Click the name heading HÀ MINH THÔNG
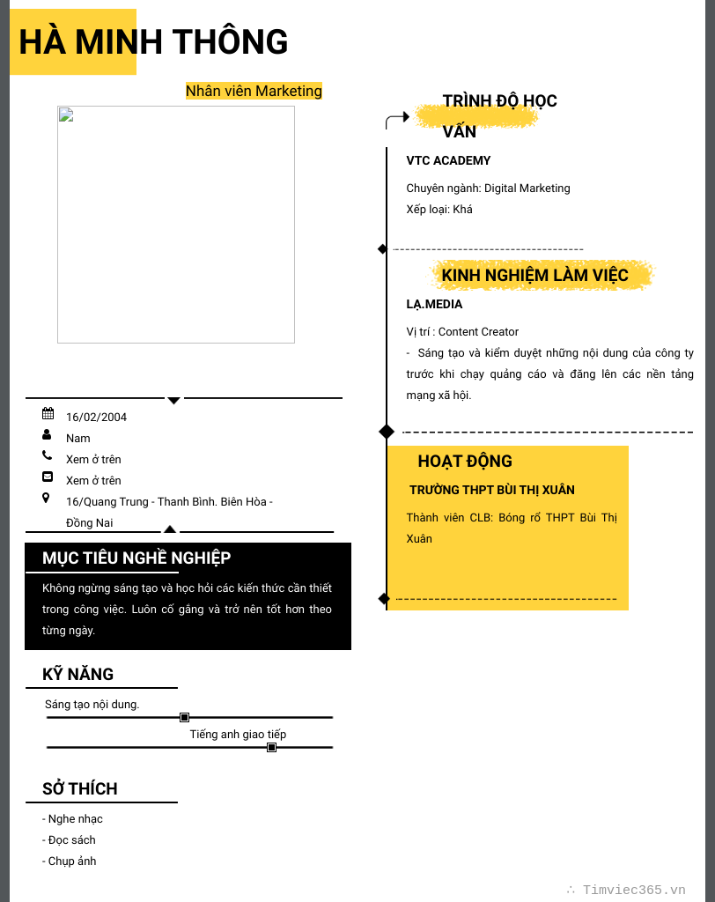[153, 42]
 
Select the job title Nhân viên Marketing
[254, 91]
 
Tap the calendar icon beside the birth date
[48, 413]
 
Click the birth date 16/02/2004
[96, 418]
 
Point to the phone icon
[47, 455]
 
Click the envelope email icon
[48, 477]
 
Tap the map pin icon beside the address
[47, 498]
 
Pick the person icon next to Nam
[47, 434]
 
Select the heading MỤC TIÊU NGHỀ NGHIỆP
[136, 558]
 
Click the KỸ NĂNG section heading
[78, 675]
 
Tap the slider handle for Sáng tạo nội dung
[184, 717]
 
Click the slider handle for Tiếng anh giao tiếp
[271, 747]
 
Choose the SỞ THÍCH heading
[80, 789]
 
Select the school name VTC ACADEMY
[448, 161]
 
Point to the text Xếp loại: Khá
[439, 210]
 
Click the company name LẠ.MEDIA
[434, 305]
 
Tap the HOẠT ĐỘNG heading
[465, 462]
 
